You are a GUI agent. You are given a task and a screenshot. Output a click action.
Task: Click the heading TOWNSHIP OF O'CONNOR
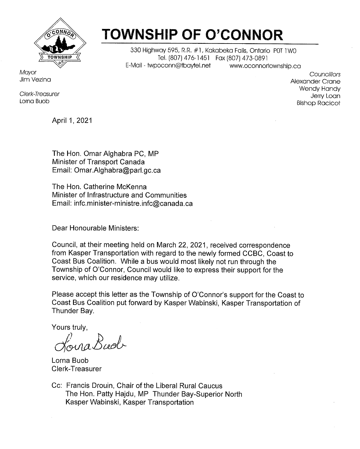[193, 35]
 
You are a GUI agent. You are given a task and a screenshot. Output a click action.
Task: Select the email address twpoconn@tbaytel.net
[177, 66]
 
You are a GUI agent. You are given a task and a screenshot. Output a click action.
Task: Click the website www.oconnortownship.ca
[265, 66]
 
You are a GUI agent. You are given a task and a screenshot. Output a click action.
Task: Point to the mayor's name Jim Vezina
[35, 80]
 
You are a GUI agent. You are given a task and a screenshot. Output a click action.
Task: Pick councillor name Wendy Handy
[320, 89]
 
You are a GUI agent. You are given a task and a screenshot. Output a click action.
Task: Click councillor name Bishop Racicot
[318, 103]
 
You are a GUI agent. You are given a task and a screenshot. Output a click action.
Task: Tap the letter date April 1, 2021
[72, 121]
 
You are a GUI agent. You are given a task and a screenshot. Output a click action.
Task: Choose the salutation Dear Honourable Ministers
[95, 228]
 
